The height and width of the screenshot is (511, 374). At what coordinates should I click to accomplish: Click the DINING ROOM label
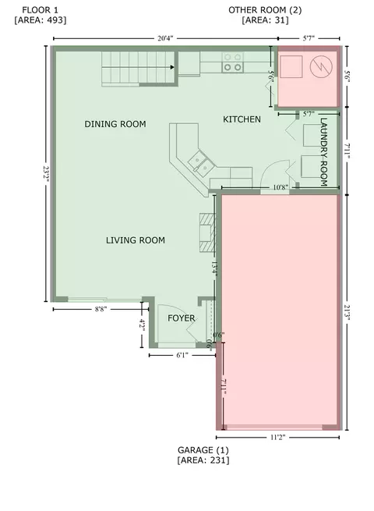(115, 124)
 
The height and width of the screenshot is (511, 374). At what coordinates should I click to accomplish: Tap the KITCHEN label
(242, 119)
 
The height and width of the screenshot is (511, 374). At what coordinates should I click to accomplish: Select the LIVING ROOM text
(136, 240)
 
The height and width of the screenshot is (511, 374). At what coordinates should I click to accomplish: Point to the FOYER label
(182, 318)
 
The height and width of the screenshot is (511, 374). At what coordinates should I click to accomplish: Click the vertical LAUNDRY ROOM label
(323, 152)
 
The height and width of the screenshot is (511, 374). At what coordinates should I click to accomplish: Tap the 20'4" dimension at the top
(165, 38)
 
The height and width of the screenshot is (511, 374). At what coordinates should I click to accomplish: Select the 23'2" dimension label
(46, 174)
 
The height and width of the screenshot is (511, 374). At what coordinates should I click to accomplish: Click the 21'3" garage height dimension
(347, 313)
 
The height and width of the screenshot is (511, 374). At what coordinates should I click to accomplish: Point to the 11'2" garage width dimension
(277, 438)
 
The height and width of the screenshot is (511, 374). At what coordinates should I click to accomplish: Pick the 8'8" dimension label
(101, 309)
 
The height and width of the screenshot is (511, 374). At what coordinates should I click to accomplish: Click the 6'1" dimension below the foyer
(182, 355)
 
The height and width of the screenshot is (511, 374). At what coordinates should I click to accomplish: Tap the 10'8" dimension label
(280, 187)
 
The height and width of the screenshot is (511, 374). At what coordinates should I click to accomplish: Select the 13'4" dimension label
(214, 269)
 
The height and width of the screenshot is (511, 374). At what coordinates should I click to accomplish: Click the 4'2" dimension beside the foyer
(143, 325)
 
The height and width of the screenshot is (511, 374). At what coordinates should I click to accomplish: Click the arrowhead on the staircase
(172, 67)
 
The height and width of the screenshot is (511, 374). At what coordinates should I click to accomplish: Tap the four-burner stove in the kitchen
(233, 62)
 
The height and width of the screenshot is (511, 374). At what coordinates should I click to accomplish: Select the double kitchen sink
(200, 164)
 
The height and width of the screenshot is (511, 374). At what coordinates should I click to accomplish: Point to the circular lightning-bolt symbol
(321, 67)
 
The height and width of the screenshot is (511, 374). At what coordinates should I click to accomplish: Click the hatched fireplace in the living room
(207, 232)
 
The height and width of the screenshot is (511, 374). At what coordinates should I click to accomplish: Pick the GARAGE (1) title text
(203, 450)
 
